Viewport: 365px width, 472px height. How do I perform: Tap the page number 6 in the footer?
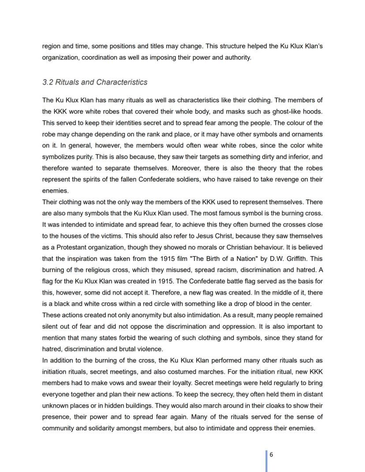[x=271, y=454]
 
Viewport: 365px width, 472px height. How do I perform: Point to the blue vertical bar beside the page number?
[x=266, y=461]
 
